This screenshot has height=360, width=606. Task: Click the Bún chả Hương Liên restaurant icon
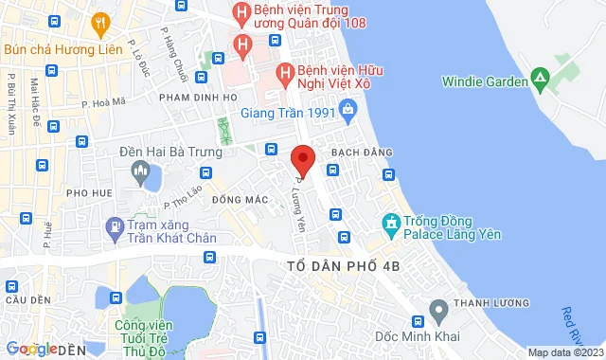pyautogui.click(x=98, y=23)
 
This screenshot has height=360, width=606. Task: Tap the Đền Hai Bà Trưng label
pyautogui.click(x=170, y=152)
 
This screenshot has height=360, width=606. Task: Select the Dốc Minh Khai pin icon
pyautogui.click(x=438, y=310)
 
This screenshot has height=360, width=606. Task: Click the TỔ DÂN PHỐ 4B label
pyautogui.click(x=342, y=266)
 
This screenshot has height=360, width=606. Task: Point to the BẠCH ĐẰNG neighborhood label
pyautogui.click(x=354, y=153)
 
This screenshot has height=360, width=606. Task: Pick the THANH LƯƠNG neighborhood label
pyautogui.click(x=486, y=305)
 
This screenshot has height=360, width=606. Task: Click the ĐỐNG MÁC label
pyautogui.click(x=236, y=200)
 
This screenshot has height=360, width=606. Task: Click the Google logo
pyautogui.click(x=32, y=349)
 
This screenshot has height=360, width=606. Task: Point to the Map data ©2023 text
pyautogui.click(x=562, y=352)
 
